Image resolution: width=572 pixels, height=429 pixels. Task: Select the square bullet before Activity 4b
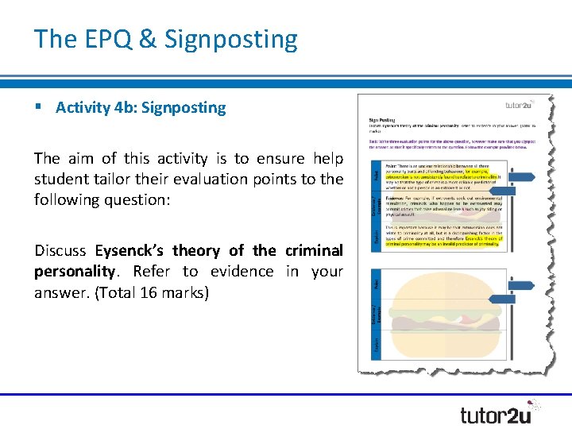pyautogui.click(x=38, y=107)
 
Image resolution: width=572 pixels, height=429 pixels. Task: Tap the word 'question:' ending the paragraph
pyautogui.click(x=186, y=199)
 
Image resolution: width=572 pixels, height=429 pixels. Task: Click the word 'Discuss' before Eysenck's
pyautogui.click(x=60, y=250)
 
